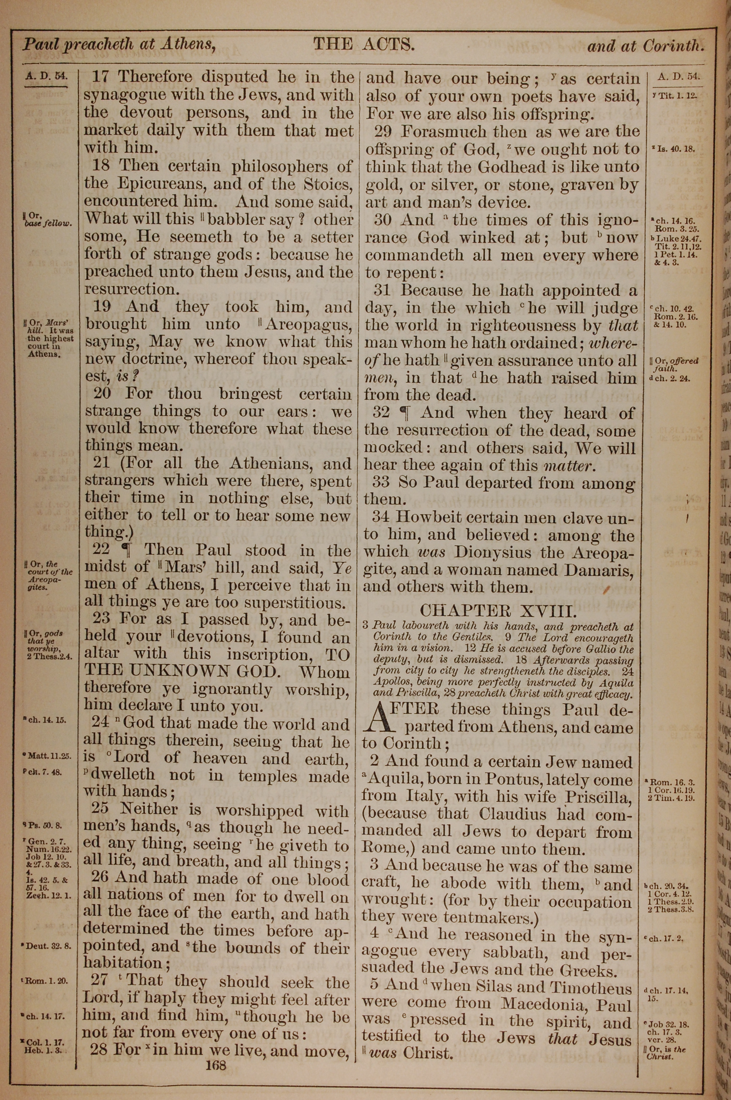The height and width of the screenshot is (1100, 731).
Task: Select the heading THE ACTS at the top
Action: pyautogui.click(x=364, y=45)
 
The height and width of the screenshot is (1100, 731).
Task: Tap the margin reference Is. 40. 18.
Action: pyautogui.click(x=675, y=149)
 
